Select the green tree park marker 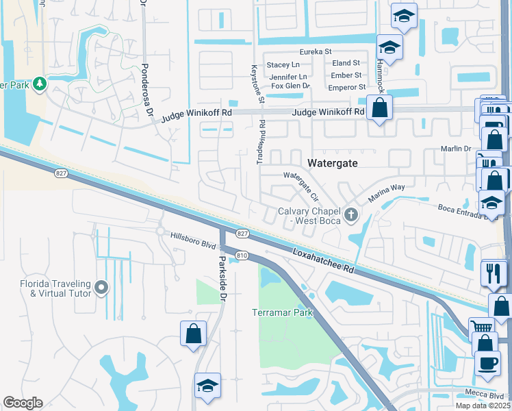(40, 84)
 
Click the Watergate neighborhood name (333, 163)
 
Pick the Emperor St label (347, 87)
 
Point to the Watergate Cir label (302, 185)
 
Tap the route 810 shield (242, 255)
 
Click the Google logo (23, 403)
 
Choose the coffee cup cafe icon (487, 362)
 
